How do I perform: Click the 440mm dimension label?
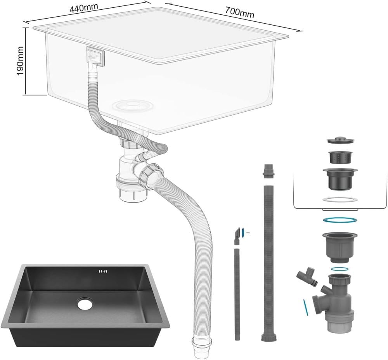point(84,8)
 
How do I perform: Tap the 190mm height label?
point(19,61)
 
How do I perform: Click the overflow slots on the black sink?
point(103,272)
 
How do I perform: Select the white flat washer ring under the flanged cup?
point(340,199)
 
